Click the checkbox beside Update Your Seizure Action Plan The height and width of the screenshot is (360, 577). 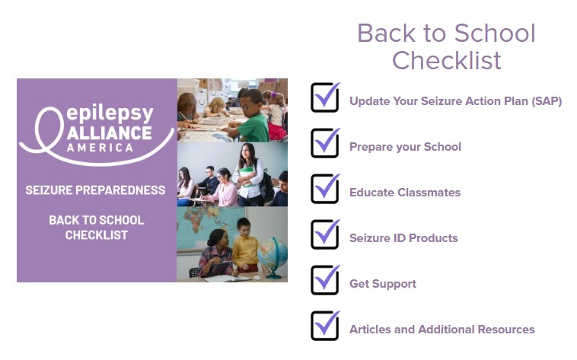[x=325, y=97]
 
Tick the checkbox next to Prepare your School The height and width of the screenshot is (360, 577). [x=325, y=143]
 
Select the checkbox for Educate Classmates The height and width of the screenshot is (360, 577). [x=325, y=189]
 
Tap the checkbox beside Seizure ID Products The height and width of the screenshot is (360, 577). [x=325, y=234]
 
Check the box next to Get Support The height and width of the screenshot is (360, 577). [x=325, y=280]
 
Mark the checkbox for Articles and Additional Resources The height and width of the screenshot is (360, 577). [x=325, y=326]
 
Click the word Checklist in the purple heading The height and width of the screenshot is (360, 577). [x=446, y=60]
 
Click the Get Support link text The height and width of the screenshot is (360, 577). [x=383, y=284]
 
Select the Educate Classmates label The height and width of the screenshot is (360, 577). [x=405, y=193]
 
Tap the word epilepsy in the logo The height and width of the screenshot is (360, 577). [x=110, y=113]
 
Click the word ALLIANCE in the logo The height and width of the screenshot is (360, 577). [x=110, y=133]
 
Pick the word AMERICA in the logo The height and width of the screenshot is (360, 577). [x=100, y=148]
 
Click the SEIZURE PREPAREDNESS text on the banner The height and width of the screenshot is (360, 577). [x=95, y=190]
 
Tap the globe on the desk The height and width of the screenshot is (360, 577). [x=273, y=255]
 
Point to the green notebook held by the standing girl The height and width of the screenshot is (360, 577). [x=246, y=176]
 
